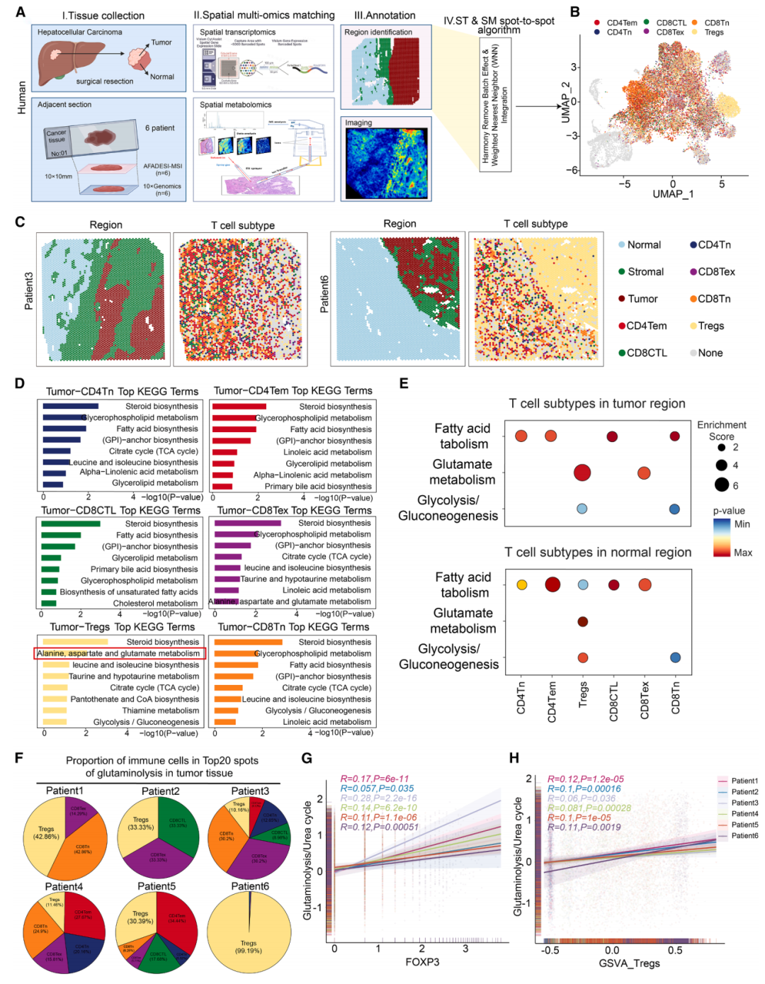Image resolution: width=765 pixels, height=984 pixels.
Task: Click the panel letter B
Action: coord(575,12)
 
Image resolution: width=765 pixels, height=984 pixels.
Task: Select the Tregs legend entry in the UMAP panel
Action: coord(713,32)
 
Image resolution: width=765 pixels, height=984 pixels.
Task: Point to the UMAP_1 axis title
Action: coord(672,194)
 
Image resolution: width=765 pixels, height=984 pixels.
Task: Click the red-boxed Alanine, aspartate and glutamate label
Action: coord(119,653)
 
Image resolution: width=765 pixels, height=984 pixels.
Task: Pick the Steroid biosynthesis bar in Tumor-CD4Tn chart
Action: coord(70,407)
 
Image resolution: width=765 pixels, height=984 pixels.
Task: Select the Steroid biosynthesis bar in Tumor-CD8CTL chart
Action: coord(70,524)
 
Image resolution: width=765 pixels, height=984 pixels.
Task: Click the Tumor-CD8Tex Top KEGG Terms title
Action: coord(294,510)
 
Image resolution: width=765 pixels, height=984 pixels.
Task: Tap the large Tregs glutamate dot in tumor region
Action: coord(582,473)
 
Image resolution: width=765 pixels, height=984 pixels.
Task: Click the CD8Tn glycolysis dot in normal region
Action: coord(675,657)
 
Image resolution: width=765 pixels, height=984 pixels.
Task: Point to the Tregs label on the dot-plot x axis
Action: coord(583,695)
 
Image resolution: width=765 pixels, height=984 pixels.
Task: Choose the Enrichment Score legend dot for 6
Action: coord(721,485)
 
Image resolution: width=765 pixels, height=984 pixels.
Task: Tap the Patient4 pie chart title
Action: coord(64,886)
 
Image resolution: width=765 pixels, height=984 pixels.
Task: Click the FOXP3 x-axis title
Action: coord(422,962)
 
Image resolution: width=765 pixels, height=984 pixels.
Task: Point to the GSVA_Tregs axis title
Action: coord(629,963)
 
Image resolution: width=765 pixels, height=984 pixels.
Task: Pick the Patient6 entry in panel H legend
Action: coord(744,836)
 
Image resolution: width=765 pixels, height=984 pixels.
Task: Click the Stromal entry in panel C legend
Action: coord(645,272)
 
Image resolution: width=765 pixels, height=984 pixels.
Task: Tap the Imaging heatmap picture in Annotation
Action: coord(386,163)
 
